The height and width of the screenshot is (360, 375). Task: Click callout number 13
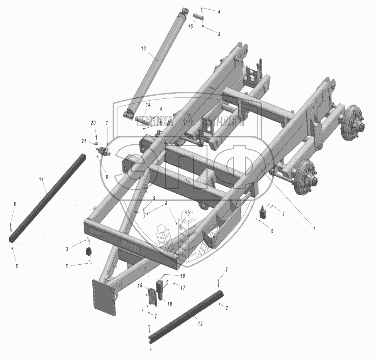pos(143,49)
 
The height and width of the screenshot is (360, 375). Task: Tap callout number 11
pos(41,179)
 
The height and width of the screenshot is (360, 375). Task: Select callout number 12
pos(200,324)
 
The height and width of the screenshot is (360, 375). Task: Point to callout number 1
pos(314,228)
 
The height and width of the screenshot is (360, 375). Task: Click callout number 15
pos(190,26)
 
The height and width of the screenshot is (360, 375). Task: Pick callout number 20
pos(93,123)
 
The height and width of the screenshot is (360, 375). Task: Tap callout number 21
pos(84,141)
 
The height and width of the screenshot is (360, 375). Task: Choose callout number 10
pos(187,213)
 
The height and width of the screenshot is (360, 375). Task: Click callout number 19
pos(170,304)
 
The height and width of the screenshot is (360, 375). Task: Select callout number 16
pos(140,286)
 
